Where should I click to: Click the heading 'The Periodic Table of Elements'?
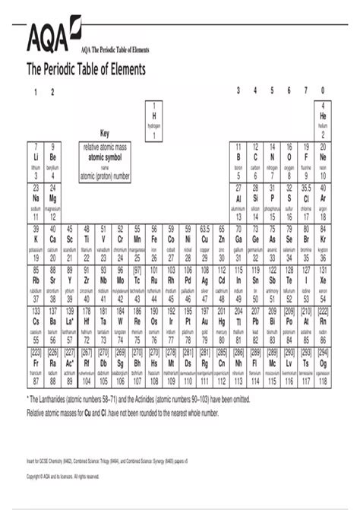click(x=87, y=69)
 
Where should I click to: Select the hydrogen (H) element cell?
click(x=153, y=119)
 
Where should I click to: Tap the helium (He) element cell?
click(x=323, y=119)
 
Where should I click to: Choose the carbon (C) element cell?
click(x=255, y=160)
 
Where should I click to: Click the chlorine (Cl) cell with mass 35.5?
click(x=306, y=201)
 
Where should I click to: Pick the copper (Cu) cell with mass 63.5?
click(x=204, y=242)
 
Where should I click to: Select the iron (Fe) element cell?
click(x=153, y=242)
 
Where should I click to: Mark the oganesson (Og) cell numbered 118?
click(x=323, y=366)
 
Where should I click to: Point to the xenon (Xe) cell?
click(x=323, y=284)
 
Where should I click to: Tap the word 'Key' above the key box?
click(x=105, y=133)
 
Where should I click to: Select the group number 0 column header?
click(x=323, y=91)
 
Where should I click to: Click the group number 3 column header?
click(x=238, y=91)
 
